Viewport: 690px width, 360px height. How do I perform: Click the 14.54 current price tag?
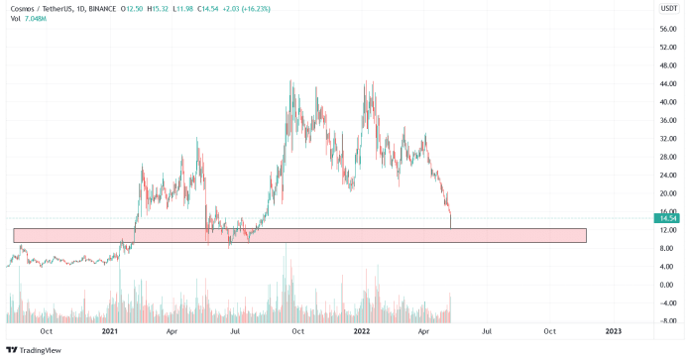pyautogui.click(x=668, y=218)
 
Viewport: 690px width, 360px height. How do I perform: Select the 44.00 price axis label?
pyautogui.click(x=667, y=83)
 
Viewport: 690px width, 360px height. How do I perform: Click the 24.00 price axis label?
pyautogui.click(x=667, y=175)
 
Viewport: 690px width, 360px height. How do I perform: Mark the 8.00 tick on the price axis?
pyautogui.click(x=667, y=248)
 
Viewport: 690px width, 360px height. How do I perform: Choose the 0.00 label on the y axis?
pyautogui.click(x=667, y=285)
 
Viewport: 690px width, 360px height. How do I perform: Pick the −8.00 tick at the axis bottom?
pyautogui.click(x=667, y=320)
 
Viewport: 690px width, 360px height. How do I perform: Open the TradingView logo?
pyautogui.click(x=34, y=349)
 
